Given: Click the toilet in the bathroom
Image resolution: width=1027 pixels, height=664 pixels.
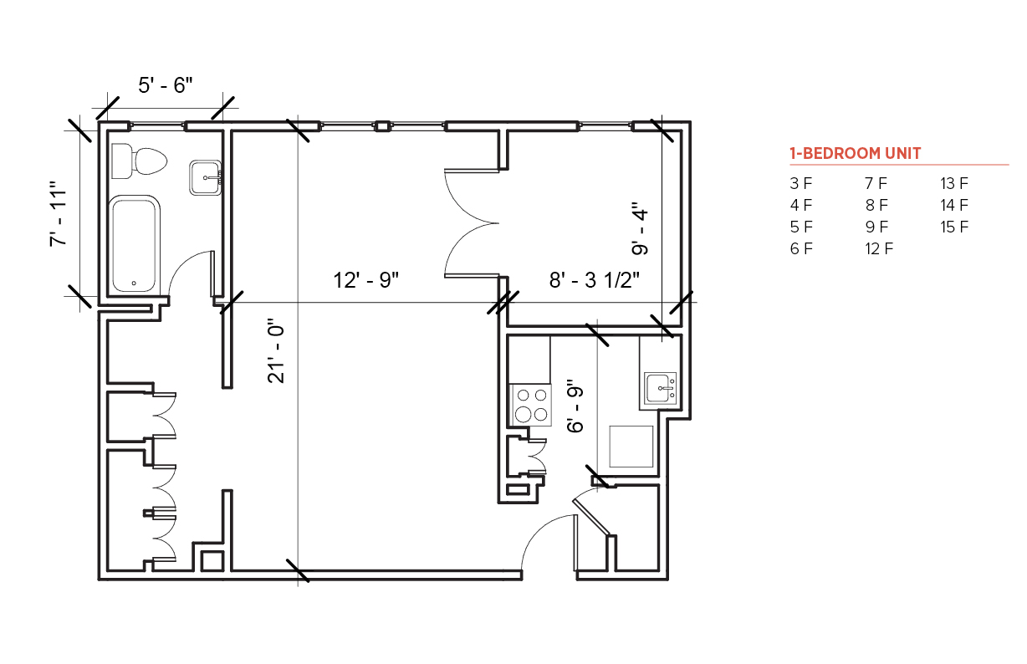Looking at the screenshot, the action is pyautogui.click(x=139, y=161).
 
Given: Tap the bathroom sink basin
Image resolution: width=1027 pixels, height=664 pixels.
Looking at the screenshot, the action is pyautogui.click(x=206, y=177).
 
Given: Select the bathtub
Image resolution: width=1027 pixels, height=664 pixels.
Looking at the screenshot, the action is pyautogui.click(x=135, y=243).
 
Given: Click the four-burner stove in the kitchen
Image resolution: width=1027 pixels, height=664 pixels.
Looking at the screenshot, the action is pyautogui.click(x=531, y=406).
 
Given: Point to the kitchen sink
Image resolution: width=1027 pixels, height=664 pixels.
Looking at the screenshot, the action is pyautogui.click(x=660, y=388).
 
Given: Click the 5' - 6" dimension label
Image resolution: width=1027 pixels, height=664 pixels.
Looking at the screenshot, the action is pyautogui.click(x=166, y=85).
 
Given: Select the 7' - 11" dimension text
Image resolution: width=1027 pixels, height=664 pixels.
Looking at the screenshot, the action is pyautogui.click(x=59, y=213).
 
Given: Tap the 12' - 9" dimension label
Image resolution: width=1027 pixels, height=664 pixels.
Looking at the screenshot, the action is pyautogui.click(x=365, y=280).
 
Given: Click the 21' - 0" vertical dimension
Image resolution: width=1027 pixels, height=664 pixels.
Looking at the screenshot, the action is pyautogui.click(x=276, y=351).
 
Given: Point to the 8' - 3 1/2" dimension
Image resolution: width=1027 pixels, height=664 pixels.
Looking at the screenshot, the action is pyautogui.click(x=594, y=279).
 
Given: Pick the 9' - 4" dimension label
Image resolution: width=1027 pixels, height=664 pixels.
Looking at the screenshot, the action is pyautogui.click(x=640, y=228).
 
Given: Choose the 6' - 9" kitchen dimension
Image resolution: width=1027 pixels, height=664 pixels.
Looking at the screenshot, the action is pyautogui.click(x=575, y=406).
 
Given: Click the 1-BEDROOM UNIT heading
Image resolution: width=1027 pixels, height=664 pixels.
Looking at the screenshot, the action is pyautogui.click(x=855, y=153).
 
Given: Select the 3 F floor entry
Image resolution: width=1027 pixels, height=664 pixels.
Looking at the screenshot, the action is pyautogui.click(x=801, y=183).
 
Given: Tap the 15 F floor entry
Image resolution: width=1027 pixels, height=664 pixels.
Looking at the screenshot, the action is pyautogui.click(x=954, y=227).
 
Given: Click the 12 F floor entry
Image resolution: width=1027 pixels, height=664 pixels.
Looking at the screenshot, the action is pyautogui.click(x=879, y=249).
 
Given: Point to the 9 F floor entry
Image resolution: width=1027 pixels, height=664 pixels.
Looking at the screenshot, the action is pyautogui.click(x=876, y=227).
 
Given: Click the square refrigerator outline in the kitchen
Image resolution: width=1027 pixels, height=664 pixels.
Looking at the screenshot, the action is pyautogui.click(x=631, y=447).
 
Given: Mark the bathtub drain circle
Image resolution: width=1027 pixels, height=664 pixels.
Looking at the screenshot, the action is pyautogui.click(x=134, y=283).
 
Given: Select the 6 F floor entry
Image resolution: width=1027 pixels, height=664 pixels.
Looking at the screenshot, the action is pyautogui.click(x=801, y=249).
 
